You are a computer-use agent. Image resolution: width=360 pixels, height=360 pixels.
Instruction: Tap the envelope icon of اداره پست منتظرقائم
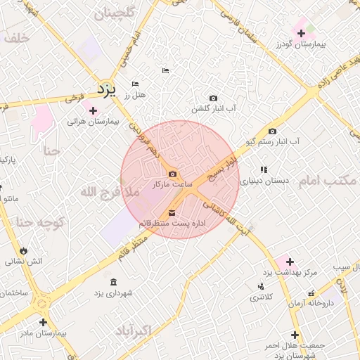point(172,212)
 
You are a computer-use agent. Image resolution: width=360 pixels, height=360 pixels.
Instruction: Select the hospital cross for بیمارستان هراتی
point(93,110)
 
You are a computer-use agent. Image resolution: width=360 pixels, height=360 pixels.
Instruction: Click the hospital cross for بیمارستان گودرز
point(301,33)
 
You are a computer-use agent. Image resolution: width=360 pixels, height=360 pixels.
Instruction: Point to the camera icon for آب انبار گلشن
point(213,98)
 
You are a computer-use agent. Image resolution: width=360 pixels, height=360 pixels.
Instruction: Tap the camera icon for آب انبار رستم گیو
point(272,131)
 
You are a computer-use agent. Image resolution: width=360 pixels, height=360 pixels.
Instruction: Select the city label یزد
point(105,89)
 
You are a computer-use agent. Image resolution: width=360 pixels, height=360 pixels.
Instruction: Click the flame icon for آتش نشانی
point(25,250)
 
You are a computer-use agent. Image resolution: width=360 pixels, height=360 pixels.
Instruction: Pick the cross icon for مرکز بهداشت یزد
point(290,262)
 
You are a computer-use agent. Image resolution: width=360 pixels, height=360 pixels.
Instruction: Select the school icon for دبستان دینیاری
point(264,169)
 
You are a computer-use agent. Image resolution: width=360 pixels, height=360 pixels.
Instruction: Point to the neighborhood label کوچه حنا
point(40,222)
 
